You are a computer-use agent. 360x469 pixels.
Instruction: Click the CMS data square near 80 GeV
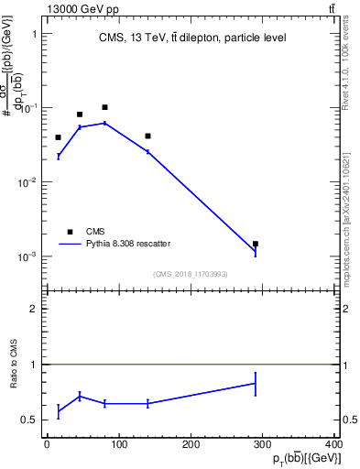pyautogui.click(x=104, y=107)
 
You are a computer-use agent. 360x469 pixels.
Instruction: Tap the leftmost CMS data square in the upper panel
pyautogui.click(x=58, y=137)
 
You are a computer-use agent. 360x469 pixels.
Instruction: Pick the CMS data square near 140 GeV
pyautogui.click(x=147, y=136)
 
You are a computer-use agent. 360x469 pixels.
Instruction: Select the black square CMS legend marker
pyautogui.click(x=70, y=232)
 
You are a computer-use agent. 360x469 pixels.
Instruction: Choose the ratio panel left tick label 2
pyautogui.click(x=33, y=309)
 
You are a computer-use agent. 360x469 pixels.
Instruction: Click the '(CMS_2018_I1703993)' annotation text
pyautogui.click(x=191, y=273)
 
